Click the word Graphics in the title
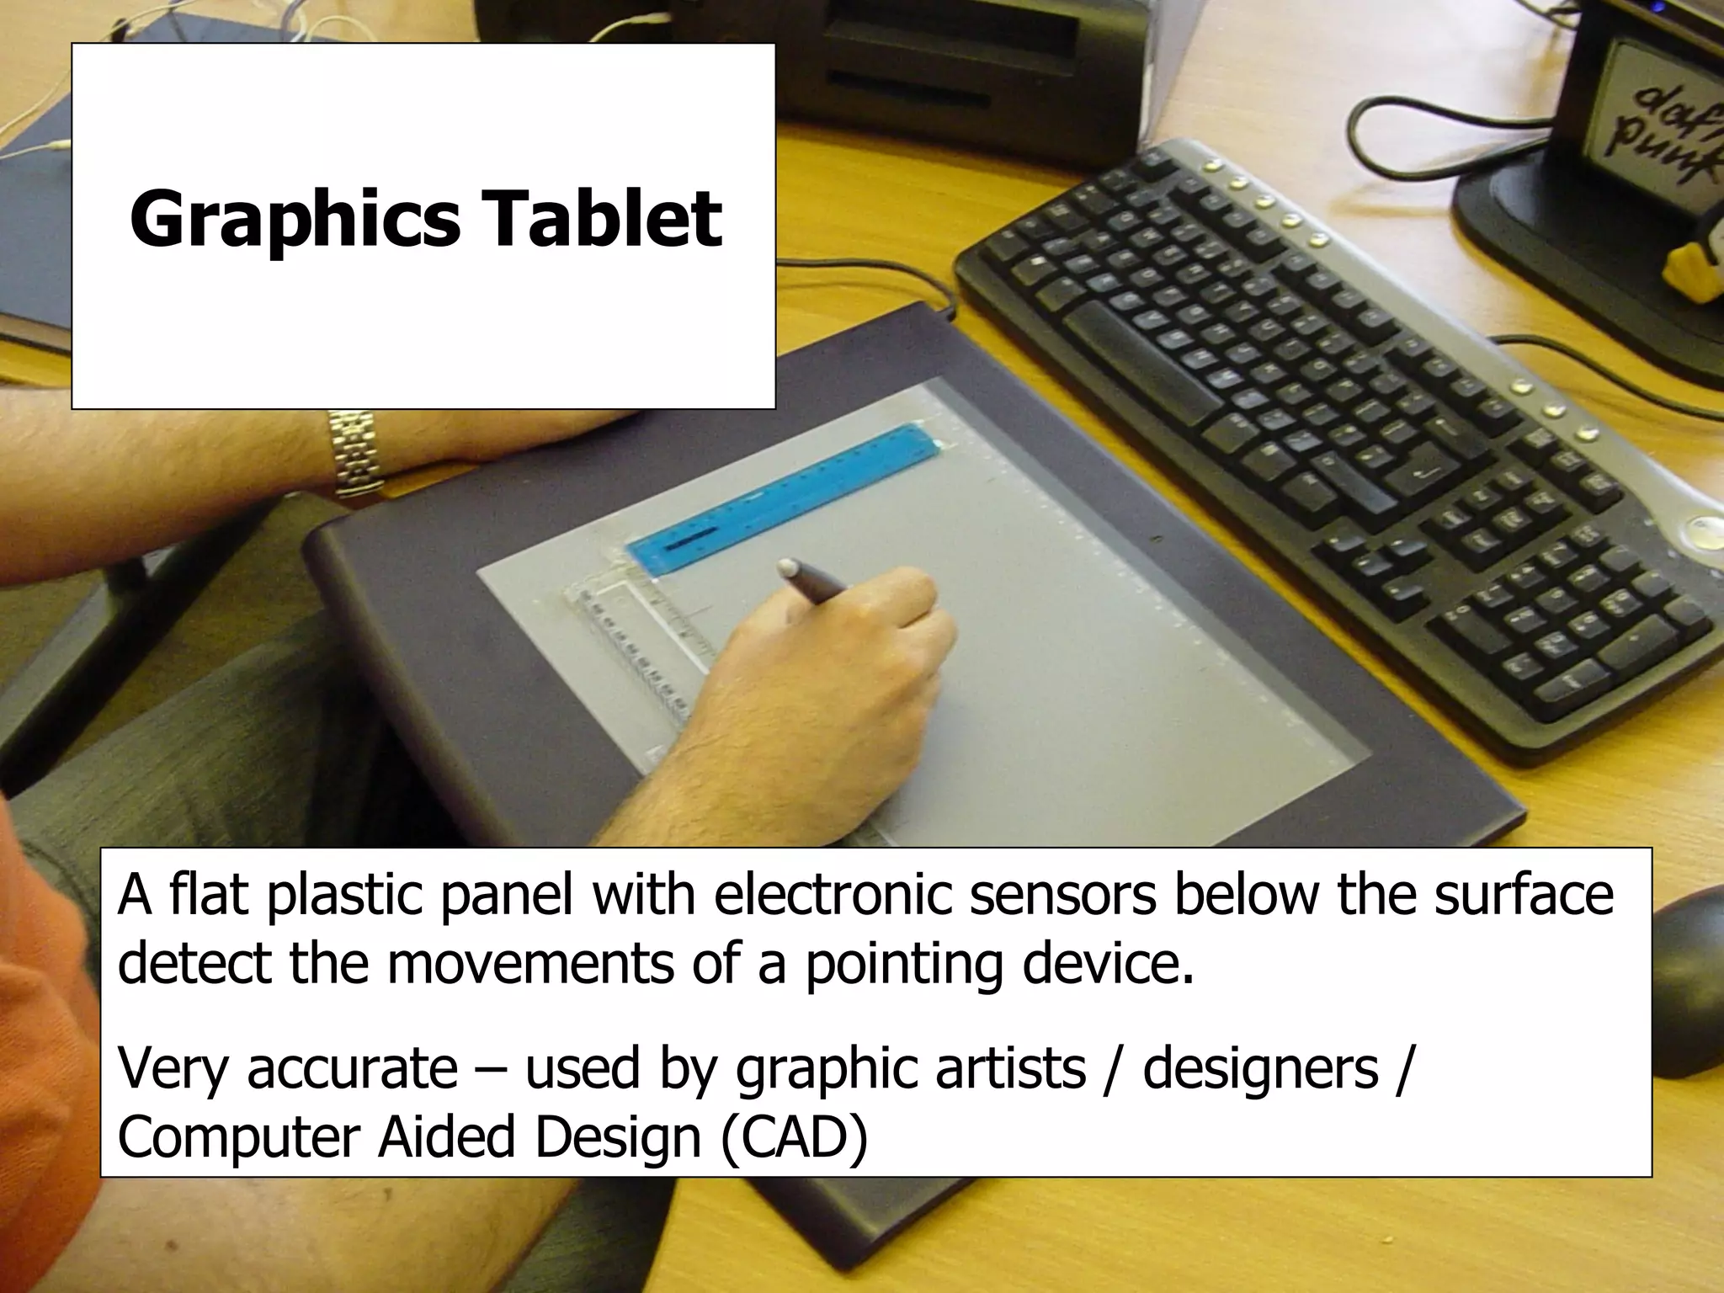pos(295,221)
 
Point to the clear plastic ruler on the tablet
pos(640,640)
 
